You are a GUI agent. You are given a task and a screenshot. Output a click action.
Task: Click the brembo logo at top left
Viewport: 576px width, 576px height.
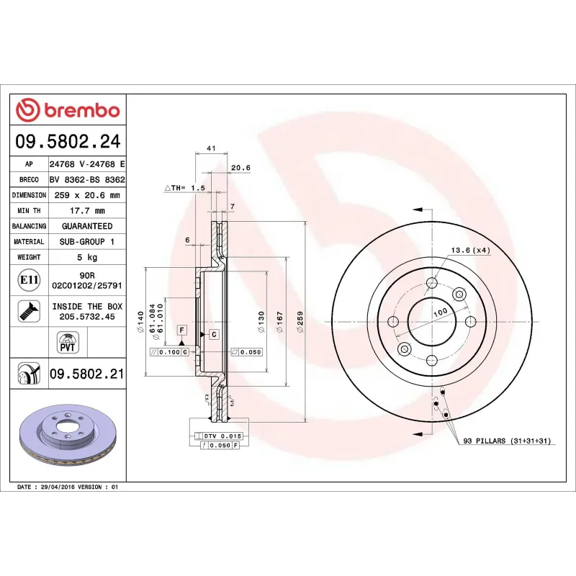pos(68,110)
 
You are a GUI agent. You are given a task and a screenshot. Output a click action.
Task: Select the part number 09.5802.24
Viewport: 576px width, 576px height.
pos(68,141)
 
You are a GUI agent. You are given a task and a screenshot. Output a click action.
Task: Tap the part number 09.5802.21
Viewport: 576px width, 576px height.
pos(86,374)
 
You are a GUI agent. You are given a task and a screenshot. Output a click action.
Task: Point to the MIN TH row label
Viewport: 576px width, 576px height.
pos(29,211)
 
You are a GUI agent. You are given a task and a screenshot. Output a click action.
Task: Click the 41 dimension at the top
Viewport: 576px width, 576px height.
pos(211,148)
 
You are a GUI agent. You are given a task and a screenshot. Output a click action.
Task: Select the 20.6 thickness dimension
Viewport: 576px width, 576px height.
pos(240,168)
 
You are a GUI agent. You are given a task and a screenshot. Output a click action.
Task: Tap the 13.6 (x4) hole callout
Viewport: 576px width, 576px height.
pos(470,250)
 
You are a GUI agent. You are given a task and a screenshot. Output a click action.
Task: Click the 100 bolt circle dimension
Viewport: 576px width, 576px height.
pos(439,310)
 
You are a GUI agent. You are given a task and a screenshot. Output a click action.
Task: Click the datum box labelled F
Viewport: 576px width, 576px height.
pos(182,330)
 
